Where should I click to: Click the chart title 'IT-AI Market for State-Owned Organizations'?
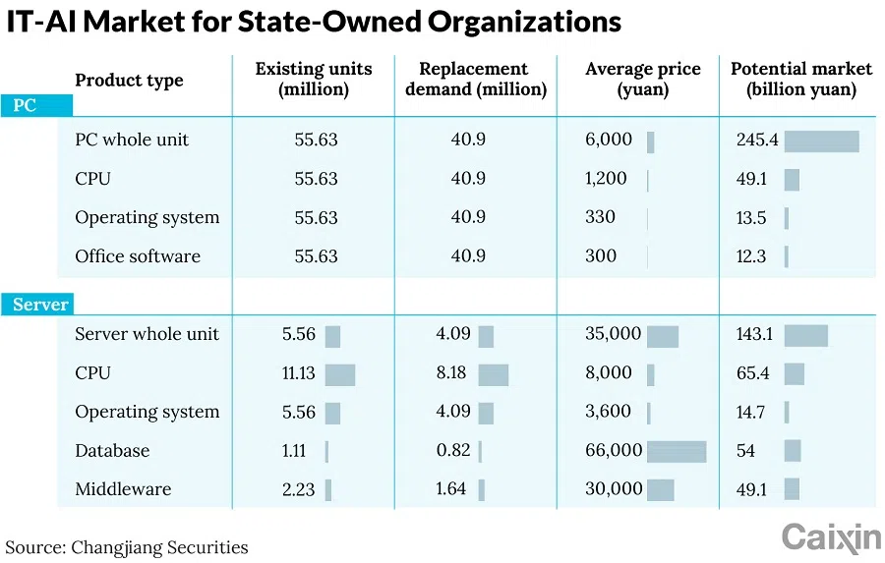(314, 23)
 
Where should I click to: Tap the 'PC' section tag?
(25, 105)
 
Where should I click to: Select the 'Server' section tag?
(40, 305)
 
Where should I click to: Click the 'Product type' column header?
(129, 81)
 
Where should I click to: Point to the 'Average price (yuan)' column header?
(642, 80)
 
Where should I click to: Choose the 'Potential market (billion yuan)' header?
(800, 80)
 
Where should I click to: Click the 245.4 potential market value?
(756, 141)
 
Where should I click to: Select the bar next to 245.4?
(821, 141)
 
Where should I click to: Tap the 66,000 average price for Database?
(613, 451)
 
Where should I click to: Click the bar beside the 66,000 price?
(677, 451)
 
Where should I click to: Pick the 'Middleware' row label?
(123, 489)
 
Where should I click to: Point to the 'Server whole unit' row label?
(147, 334)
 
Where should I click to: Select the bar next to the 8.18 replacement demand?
(493, 374)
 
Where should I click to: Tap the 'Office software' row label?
(138, 256)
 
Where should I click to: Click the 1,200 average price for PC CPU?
(607, 179)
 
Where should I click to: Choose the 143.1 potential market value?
(754, 334)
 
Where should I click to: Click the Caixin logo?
(831, 537)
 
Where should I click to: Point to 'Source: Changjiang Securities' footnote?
(127, 547)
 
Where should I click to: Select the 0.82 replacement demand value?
(453, 451)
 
